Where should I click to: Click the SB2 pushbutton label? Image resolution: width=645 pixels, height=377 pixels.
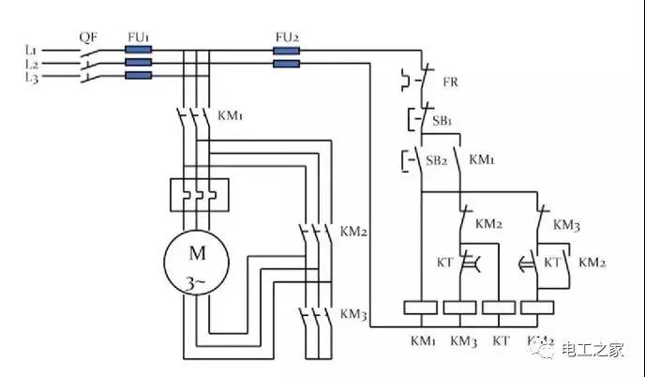tap(437, 160)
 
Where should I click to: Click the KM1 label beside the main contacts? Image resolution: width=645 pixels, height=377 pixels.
tap(231, 115)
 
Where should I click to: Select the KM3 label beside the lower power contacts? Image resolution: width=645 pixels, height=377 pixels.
tap(352, 313)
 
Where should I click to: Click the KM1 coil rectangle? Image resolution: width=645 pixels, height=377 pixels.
tap(421, 308)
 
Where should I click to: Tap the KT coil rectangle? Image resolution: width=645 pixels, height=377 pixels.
tap(499, 308)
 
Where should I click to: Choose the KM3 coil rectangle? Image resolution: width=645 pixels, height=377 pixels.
tap(460, 308)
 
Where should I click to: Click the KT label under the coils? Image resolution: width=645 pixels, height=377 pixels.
tap(499, 339)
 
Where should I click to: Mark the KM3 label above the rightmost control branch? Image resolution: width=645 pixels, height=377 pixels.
tap(566, 225)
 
